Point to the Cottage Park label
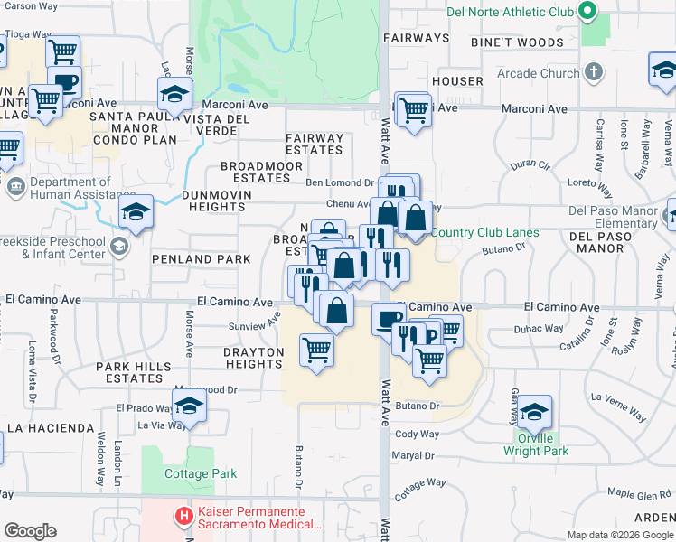point(201,473)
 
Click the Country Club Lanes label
point(484,233)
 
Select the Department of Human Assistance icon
point(15,188)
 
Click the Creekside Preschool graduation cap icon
point(118,247)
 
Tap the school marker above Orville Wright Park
point(535,411)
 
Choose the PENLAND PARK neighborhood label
point(189,259)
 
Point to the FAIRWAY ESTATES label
point(315,145)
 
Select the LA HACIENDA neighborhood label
point(51,427)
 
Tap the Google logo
point(30,531)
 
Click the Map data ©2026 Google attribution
point(619,535)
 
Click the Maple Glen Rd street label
point(639,493)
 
